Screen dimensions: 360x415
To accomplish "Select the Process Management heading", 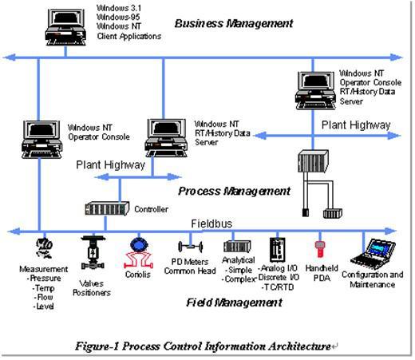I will pos(234,191).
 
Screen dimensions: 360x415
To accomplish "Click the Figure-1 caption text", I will pos(204,346).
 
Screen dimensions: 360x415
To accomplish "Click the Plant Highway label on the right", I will pos(355,125).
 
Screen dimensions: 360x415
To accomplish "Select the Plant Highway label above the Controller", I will pos(112,165).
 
